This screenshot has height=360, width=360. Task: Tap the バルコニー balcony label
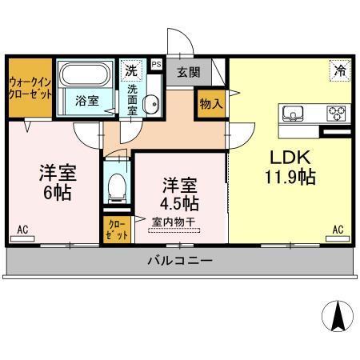point(179,261)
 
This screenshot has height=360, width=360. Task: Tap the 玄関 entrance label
point(188,72)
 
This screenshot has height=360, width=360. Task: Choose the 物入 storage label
point(210,104)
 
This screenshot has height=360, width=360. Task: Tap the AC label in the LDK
point(338,230)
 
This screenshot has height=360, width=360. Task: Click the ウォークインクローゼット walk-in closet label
point(30,88)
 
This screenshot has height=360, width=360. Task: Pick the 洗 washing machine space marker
point(131,70)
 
